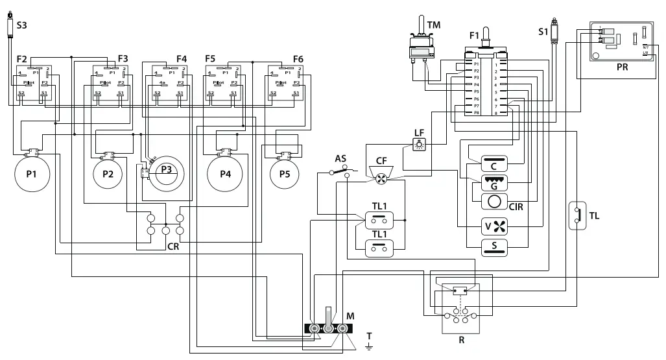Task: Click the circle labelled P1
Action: [31, 174]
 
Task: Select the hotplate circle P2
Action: [108, 174]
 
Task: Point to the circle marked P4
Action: [225, 174]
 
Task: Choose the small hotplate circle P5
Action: [285, 174]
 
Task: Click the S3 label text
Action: [21, 25]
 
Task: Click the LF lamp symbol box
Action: [419, 144]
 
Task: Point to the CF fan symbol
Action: [381, 175]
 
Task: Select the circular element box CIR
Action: [495, 201]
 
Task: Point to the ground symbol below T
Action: [369, 348]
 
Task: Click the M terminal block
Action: [328, 328]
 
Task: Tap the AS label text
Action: [340, 159]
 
